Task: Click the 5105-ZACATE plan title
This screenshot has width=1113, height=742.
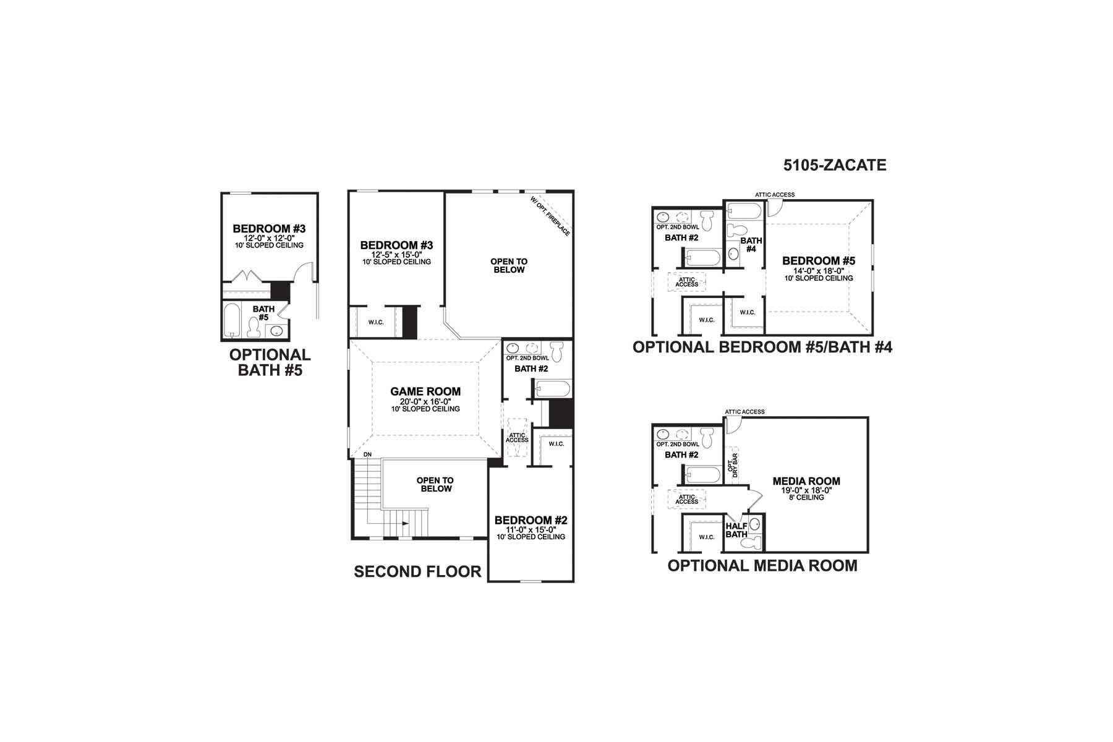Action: coord(835,165)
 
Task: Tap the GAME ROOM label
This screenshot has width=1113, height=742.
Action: coord(425,391)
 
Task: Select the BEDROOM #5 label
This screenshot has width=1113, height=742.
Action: coord(819,261)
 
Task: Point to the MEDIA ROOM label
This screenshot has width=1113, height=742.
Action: coord(806,481)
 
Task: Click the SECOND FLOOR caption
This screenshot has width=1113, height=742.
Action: coord(417,572)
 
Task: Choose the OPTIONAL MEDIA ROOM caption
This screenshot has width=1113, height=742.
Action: coord(762,566)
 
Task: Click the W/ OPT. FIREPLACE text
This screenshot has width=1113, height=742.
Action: coord(550,216)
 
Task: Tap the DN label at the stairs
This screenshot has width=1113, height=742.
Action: coord(367,454)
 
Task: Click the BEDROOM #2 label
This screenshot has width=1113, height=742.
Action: coord(531,521)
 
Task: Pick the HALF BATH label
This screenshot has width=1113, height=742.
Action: coord(736,530)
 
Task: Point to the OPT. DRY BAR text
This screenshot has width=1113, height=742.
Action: coord(733,464)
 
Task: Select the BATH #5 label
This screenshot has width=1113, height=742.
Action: coord(263,313)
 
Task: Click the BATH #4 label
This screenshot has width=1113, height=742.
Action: coord(751,245)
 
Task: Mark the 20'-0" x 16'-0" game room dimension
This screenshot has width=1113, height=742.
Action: coord(425,401)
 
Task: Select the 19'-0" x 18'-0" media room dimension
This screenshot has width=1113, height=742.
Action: coord(806,490)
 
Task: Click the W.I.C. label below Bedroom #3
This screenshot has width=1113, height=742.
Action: coord(376,322)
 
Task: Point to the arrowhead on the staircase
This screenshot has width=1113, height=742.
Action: coord(405,524)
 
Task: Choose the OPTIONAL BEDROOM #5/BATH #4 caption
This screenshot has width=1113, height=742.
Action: coord(762,347)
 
